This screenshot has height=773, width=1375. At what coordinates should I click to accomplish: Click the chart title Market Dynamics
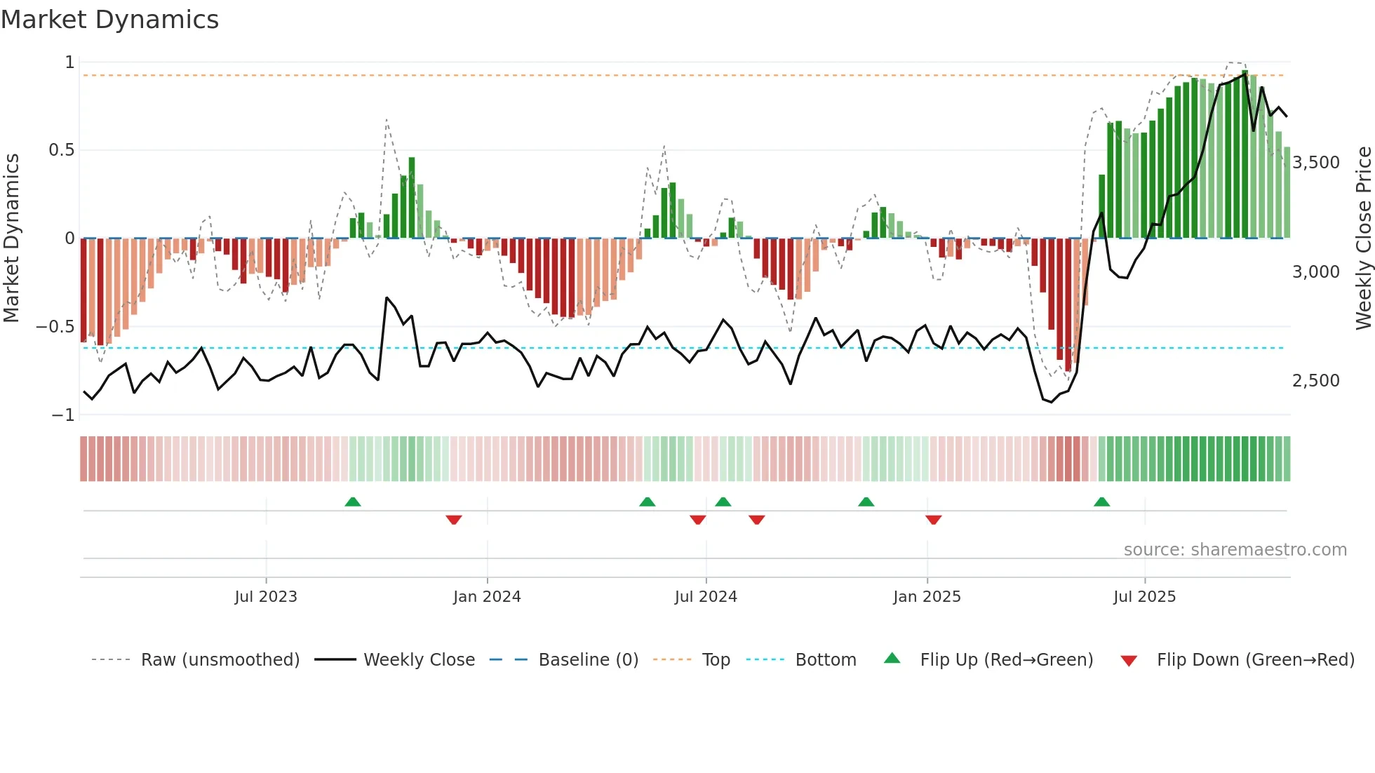tap(110, 20)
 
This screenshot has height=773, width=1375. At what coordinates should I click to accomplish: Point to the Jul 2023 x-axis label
tap(266, 597)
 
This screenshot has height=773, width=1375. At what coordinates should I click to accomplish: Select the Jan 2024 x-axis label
tap(487, 597)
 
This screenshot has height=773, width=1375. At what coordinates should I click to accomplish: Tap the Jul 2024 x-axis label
tap(706, 597)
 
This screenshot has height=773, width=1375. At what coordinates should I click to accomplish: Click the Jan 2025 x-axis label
tap(927, 597)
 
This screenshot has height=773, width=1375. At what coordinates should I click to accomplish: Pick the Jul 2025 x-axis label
tap(1144, 597)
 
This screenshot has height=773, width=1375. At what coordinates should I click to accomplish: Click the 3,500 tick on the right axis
tap(1316, 163)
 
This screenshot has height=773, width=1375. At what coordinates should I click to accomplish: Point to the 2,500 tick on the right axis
tap(1316, 381)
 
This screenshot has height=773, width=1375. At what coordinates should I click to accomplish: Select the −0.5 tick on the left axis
tap(55, 327)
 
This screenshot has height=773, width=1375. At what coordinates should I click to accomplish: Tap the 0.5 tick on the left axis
tap(61, 150)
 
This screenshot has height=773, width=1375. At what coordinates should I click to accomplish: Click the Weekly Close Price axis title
tap(1363, 238)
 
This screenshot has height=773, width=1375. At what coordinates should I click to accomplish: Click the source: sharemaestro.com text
tap(1235, 550)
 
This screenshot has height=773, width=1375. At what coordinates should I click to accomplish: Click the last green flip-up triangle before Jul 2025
tap(1101, 502)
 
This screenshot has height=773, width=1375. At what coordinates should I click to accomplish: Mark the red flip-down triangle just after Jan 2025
tap(933, 520)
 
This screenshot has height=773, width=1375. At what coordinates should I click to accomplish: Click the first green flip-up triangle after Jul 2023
tap(353, 502)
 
